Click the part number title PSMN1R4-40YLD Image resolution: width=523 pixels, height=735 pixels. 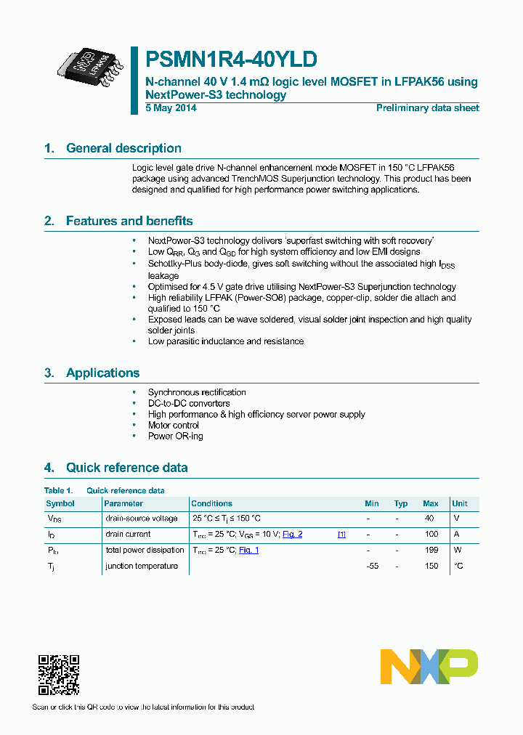231,59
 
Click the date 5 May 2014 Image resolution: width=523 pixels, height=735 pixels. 171,108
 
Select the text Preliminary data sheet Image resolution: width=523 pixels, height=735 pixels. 427,108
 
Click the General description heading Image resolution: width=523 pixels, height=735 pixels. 123,148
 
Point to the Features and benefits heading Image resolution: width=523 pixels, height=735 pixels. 129,221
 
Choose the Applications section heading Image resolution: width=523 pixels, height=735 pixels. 102,373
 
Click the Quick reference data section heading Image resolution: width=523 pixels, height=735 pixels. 126,468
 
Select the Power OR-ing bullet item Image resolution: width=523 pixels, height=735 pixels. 175,436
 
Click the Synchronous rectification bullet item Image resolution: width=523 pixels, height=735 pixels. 197,392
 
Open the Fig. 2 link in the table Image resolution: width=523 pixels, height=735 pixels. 292,535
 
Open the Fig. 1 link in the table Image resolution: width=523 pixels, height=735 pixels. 248,551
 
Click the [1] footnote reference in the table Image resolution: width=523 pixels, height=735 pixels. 341,535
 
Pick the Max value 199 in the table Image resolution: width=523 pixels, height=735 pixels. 431,551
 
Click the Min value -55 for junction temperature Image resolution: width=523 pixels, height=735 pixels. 372,566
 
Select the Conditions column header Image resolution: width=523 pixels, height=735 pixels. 211,503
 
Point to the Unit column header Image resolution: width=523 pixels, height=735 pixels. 460,503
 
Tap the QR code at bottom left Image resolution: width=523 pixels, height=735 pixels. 58,675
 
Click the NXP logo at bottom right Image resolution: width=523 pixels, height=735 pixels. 429,667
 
